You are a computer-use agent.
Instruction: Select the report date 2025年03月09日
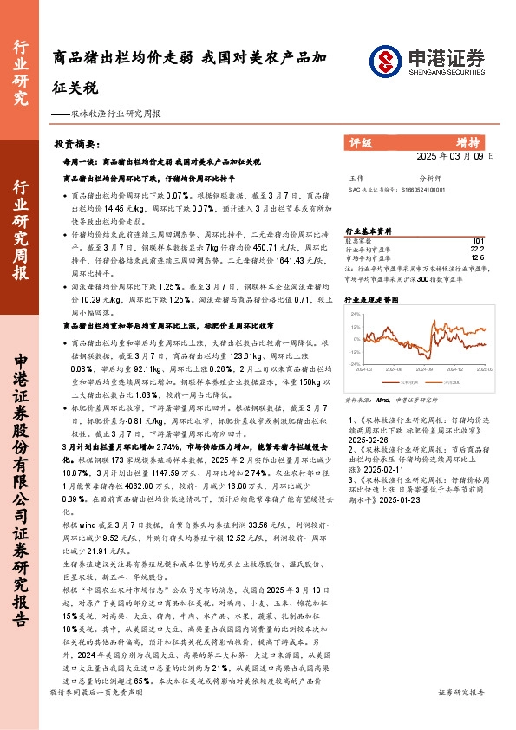454,157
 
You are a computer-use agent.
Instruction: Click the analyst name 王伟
356,176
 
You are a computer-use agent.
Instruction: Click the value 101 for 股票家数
478,240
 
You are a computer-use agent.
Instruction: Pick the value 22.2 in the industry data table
477,249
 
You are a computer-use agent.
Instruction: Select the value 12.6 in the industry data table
477,257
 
